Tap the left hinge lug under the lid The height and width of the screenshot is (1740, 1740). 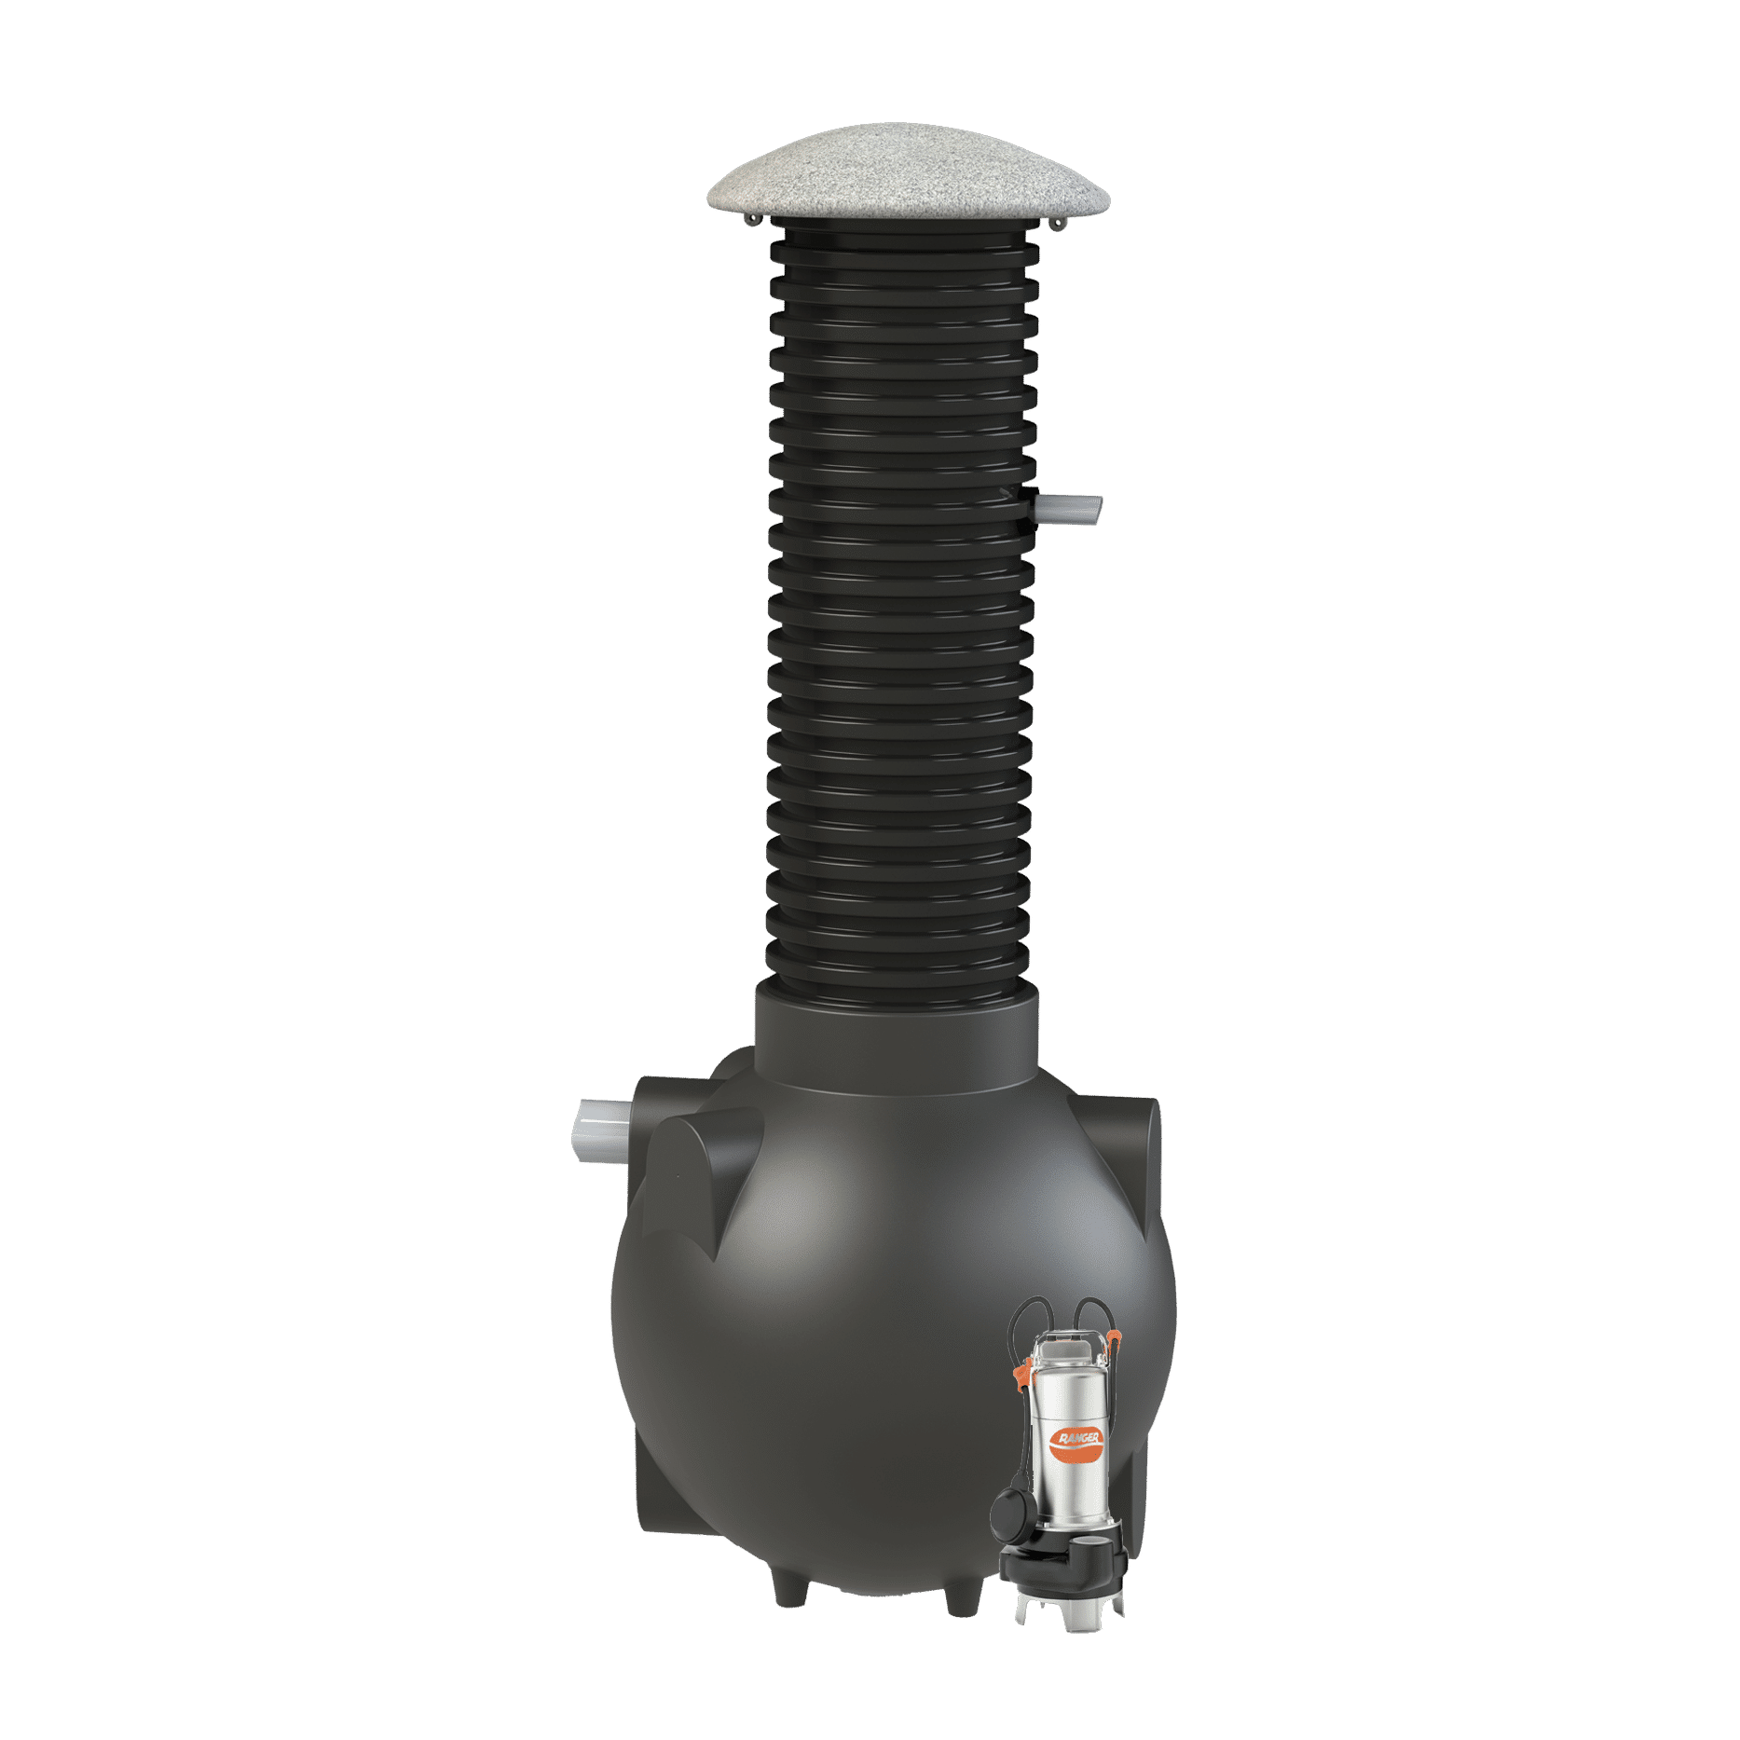(753, 219)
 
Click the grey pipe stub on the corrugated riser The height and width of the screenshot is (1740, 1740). (1068, 510)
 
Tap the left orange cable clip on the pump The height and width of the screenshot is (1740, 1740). (1024, 1375)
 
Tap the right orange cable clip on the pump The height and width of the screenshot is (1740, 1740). (1116, 1339)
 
